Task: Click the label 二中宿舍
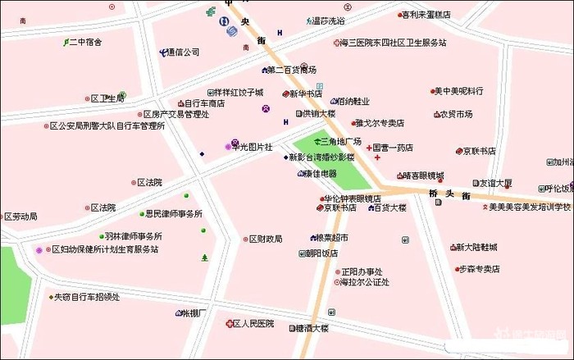(x=86, y=42)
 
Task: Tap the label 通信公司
(x=183, y=52)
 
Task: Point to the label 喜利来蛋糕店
(x=426, y=15)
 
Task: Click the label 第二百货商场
(x=291, y=70)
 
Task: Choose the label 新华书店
(x=305, y=94)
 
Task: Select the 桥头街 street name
(x=449, y=194)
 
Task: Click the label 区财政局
(x=266, y=239)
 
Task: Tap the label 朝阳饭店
(x=321, y=253)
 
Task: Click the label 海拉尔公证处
(x=365, y=282)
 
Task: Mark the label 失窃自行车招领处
(x=87, y=297)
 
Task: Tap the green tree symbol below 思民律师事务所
(x=204, y=258)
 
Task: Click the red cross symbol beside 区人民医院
(x=230, y=324)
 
